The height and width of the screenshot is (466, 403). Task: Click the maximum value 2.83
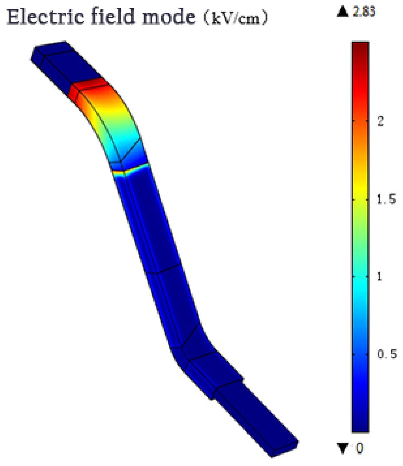(364, 12)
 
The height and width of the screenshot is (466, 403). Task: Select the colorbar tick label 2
(381, 121)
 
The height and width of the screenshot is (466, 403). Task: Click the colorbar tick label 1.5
(386, 200)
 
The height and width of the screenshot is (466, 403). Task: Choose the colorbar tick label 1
(379, 276)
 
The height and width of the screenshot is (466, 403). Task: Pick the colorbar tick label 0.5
(387, 354)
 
